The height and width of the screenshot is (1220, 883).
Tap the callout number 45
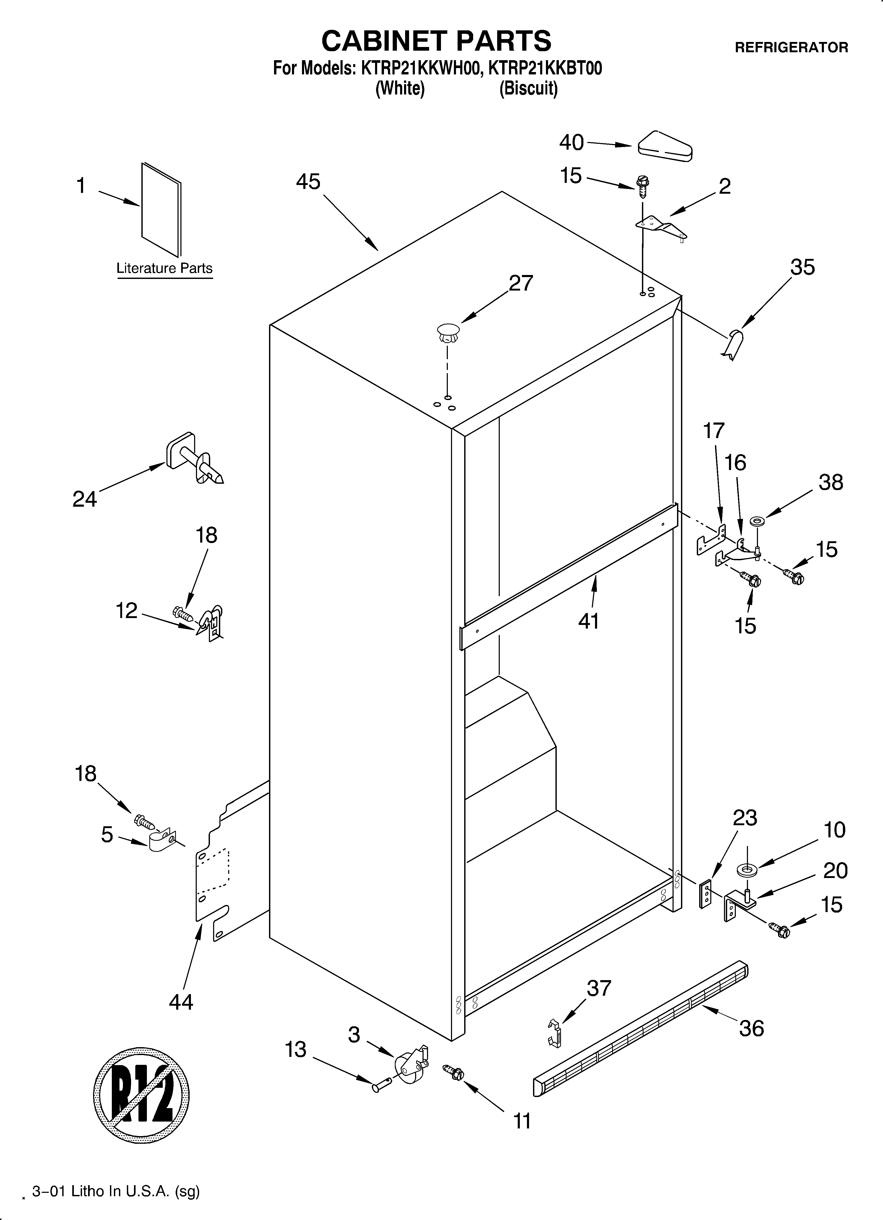pyautogui.click(x=308, y=182)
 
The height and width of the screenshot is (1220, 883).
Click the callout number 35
pyautogui.click(x=802, y=267)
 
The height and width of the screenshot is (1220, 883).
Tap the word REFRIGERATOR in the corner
pyautogui.click(x=791, y=48)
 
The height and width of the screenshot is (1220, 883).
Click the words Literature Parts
pyautogui.click(x=165, y=268)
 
